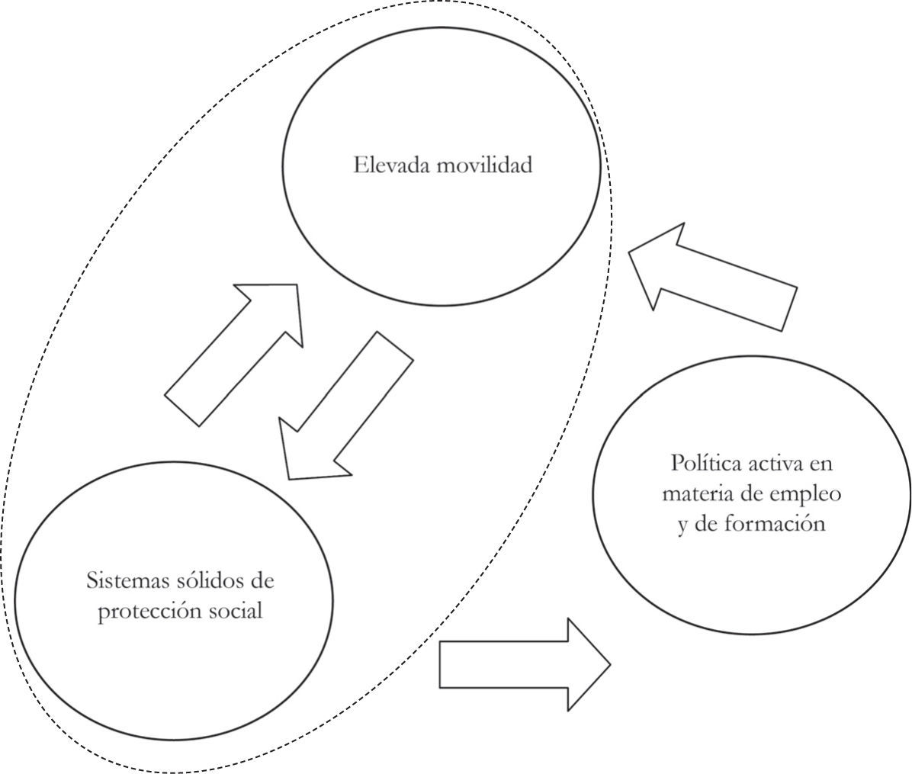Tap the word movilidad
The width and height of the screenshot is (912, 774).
[484, 165]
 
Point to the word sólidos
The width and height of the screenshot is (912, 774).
[207, 581]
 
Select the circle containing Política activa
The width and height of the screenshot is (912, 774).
[751, 580]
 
